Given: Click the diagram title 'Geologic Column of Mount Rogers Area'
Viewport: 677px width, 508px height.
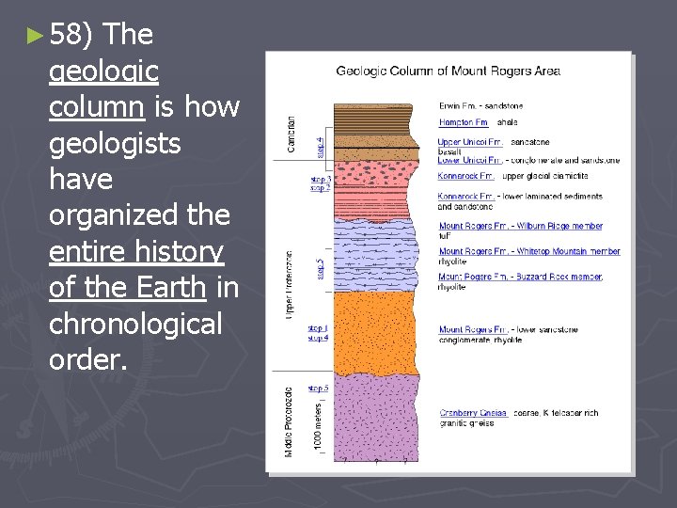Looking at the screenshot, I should tap(448, 71).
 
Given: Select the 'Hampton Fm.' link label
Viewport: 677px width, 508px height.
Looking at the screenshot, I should tap(464, 123).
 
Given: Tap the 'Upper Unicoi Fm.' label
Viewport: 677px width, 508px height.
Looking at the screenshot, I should tap(470, 142).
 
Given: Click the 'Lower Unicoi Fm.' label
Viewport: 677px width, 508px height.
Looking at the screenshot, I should tap(470, 160).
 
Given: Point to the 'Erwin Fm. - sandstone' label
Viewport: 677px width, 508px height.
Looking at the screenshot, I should tap(480, 105).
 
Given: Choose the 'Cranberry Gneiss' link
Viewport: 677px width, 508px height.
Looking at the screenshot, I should tap(474, 413).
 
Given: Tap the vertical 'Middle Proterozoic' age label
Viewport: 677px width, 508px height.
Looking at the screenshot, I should tap(290, 421).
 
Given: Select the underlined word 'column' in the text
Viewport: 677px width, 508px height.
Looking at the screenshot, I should tap(96, 108).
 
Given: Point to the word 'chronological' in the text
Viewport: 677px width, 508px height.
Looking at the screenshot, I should tap(134, 325).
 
